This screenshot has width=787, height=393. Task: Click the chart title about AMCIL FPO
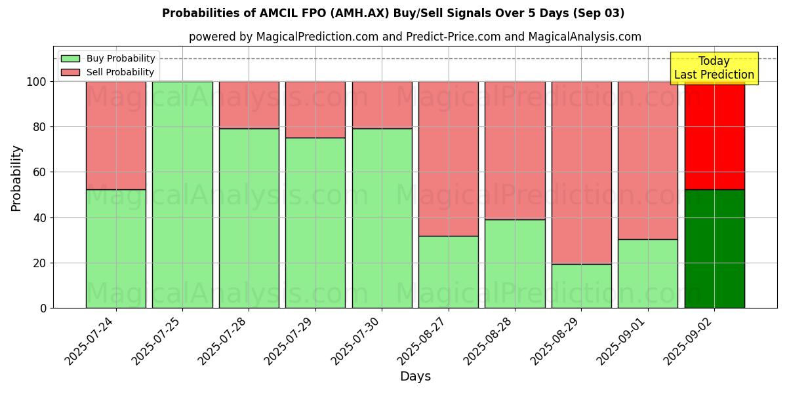393,13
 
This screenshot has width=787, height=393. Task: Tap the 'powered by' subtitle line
414,37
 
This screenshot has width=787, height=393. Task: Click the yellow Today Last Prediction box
714,68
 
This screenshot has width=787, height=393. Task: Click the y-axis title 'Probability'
16,178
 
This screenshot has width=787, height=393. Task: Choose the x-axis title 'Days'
415,377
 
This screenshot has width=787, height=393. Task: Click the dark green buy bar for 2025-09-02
714,249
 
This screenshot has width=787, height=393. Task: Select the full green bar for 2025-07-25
182,195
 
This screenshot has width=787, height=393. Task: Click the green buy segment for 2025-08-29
581,286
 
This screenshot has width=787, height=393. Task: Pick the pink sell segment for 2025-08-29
581,172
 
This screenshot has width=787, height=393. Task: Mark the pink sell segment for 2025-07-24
115,136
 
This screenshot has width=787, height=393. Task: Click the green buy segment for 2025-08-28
515,263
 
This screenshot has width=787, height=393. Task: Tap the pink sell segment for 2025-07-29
315,109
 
